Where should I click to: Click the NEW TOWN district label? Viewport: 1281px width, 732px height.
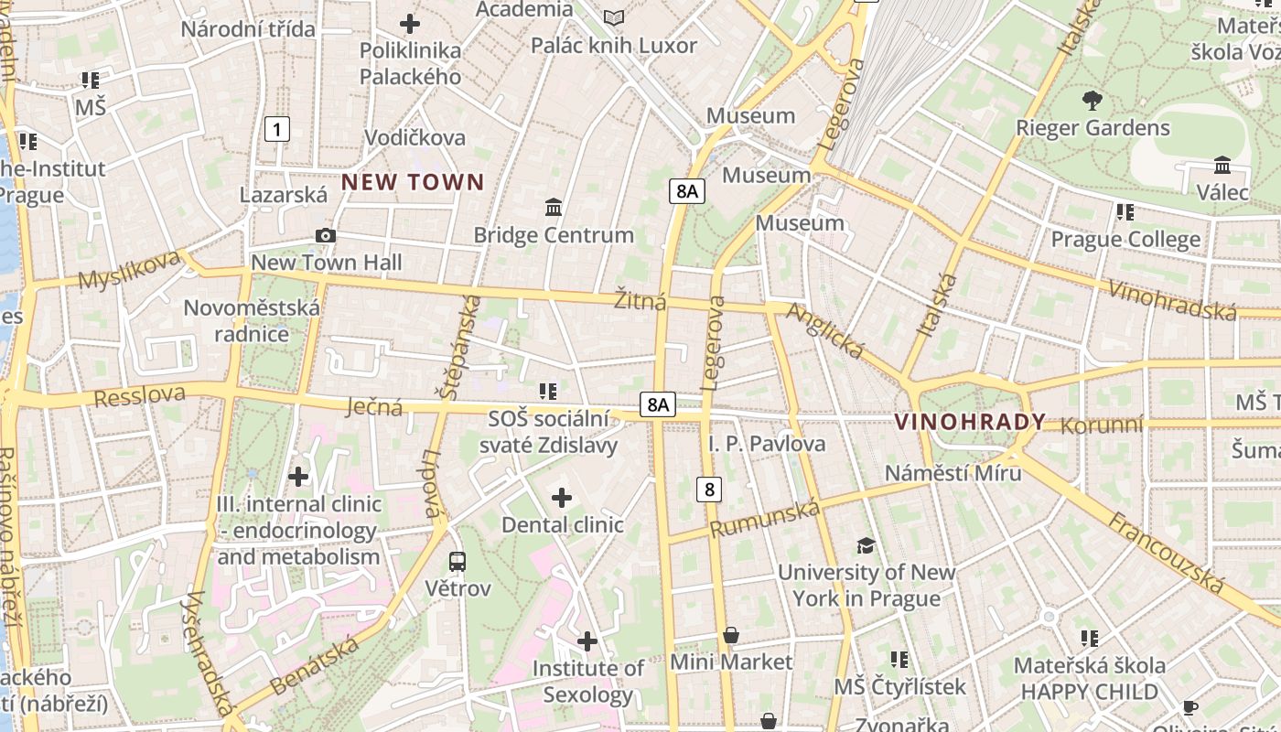tap(413, 182)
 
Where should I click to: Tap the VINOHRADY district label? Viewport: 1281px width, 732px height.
tap(970, 422)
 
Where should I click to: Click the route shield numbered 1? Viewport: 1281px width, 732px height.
tap(276, 129)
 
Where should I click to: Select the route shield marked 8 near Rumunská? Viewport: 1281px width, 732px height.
tap(708, 490)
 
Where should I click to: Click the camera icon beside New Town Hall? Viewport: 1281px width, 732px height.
tap(325, 236)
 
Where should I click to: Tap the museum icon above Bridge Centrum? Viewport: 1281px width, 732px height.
tap(554, 208)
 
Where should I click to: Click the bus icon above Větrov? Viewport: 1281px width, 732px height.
tap(457, 561)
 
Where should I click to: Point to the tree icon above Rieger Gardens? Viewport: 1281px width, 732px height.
tap(1092, 101)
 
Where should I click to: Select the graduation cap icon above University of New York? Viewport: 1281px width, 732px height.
tap(866, 546)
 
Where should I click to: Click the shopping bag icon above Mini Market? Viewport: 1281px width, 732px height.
tap(731, 635)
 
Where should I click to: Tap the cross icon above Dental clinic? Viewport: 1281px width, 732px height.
tap(562, 498)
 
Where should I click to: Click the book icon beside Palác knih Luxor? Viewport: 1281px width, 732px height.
tap(614, 17)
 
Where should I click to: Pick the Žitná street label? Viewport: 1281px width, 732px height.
tap(640, 300)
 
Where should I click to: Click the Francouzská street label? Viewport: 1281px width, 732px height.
tap(1166, 553)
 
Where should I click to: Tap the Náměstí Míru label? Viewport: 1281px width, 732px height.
tap(953, 473)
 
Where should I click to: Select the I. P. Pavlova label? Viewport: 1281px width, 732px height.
tap(767, 444)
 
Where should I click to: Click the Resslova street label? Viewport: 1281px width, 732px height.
tap(139, 396)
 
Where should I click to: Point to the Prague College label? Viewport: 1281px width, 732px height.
tap(1125, 240)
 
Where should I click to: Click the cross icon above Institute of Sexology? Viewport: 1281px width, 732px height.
tap(587, 641)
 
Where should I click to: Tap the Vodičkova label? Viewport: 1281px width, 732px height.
tap(414, 138)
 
